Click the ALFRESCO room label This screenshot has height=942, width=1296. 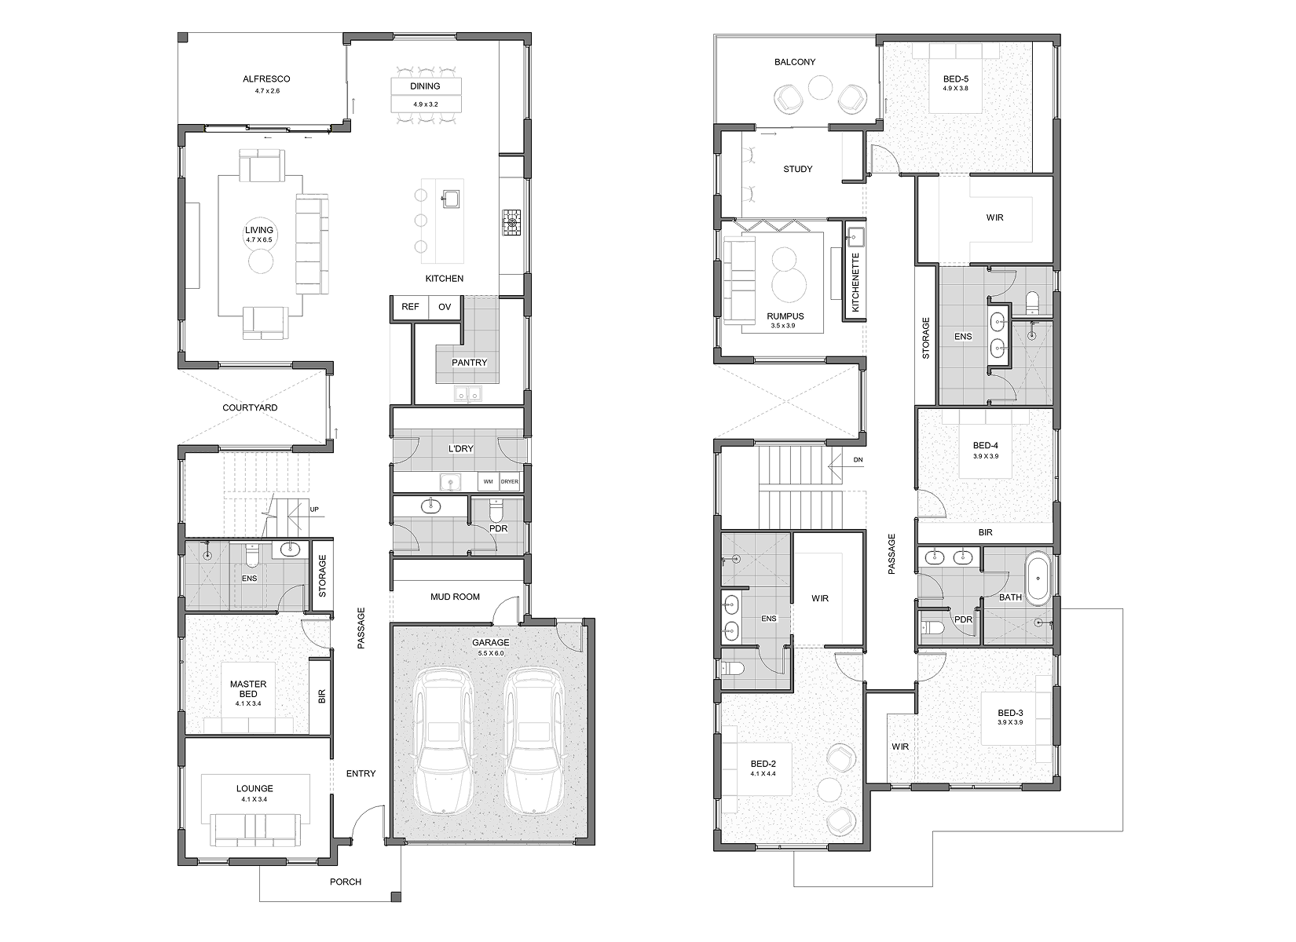pyautogui.click(x=266, y=78)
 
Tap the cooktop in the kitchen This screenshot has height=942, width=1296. pyautogui.click(x=511, y=223)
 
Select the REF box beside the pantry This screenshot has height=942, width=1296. pyautogui.click(x=410, y=307)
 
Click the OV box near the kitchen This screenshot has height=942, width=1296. pyautogui.click(x=445, y=307)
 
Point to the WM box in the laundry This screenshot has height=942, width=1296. pyautogui.click(x=489, y=482)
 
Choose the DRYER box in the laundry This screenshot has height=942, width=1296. pyautogui.click(x=510, y=482)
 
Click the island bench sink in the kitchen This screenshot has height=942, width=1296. pyautogui.click(x=449, y=199)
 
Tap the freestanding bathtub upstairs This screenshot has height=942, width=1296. pyautogui.click(x=1038, y=579)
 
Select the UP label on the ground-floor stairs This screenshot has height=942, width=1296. pyautogui.click(x=314, y=509)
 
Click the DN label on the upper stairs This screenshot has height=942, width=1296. pyautogui.click(x=858, y=460)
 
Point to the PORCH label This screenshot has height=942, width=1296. pyautogui.click(x=346, y=882)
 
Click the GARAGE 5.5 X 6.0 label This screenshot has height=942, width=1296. pyautogui.click(x=491, y=647)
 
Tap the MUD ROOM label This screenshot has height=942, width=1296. pyautogui.click(x=455, y=597)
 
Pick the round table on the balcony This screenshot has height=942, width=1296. pyautogui.click(x=820, y=89)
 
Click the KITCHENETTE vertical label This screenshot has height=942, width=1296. pyautogui.click(x=855, y=282)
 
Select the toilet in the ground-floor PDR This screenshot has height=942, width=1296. pyautogui.click(x=497, y=510)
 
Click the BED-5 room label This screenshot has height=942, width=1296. pyautogui.click(x=955, y=78)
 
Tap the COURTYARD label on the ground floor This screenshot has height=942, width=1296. pyautogui.click(x=250, y=407)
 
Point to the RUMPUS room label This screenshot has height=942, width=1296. pyautogui.click(x=785, y=316)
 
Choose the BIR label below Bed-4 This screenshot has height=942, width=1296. pyautogui.click(x=985, y=532)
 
